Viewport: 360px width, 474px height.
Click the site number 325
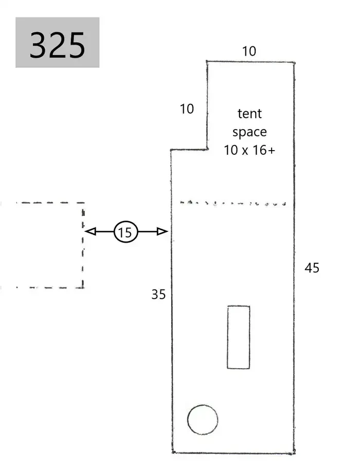tap(57, 45)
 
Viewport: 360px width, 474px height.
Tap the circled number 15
tap(125, 232)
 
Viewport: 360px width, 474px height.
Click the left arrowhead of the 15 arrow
tap(91, 231)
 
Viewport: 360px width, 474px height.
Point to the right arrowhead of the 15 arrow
tap(162, 231)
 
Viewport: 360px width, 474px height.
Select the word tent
tap(249, 114)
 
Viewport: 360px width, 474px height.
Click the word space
tap(249, 132)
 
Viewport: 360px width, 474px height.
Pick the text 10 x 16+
tap(249, 150)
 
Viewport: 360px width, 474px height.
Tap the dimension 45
tap(312, 268)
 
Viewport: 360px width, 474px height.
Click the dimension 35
tap(158, 295)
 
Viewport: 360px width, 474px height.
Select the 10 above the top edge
tap(249, 51)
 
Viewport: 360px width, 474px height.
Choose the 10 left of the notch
tap(187, 109)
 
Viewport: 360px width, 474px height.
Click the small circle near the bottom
tap(203, 420)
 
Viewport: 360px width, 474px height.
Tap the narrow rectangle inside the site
tap(239, 337)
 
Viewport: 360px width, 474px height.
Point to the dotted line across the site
tap(233, 203)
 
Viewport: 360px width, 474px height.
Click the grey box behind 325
tap(58, 42)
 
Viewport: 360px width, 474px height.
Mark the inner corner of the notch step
tap(207, 149)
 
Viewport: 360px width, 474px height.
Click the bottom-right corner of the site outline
tap(294, 453)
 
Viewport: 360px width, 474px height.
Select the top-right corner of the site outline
tap(294, 63)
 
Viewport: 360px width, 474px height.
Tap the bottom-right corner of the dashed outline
tap(83, 287)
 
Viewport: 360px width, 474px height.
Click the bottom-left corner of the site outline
tap(173, 452)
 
